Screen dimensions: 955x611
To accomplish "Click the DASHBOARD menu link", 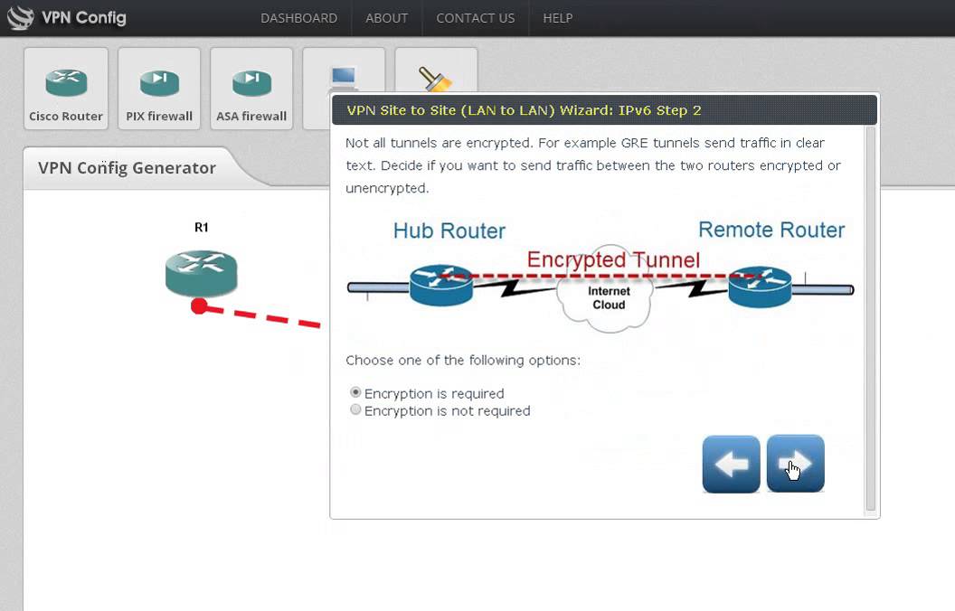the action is (x=298, y=18).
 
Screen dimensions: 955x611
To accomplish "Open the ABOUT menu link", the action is (x=386, y=18).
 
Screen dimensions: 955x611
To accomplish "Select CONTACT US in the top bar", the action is (x=475, y=18).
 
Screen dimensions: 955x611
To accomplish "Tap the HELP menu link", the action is (x=557, y=18).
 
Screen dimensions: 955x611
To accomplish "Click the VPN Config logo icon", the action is (x=20, y=17).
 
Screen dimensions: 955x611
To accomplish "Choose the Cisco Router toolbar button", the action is (x=66, y=89).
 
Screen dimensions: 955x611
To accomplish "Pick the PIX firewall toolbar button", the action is (x=159, y=89).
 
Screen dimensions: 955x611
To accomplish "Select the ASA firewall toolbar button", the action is (x=251, y=89).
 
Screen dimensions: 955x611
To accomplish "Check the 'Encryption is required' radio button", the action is (x=356, y=393).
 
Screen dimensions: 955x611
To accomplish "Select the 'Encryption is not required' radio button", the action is (x=356, y=410).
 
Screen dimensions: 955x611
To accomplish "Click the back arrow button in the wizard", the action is (x=731, y=465).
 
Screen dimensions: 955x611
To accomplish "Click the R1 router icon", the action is (x=201, y=273).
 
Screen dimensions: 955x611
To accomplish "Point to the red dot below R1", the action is (x=199, y=306).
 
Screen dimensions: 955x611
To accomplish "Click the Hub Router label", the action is (x=449, y=230).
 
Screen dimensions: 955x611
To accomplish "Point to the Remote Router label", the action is (x=771, y=230).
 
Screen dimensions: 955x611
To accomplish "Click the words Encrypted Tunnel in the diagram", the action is (x=613, y=260).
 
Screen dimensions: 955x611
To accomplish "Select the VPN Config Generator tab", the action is (x=127, y=168).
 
